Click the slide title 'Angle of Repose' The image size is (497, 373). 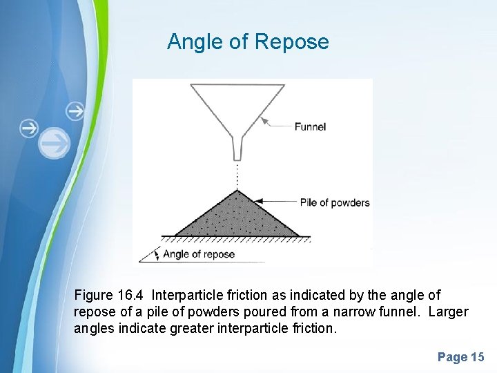point(248,42)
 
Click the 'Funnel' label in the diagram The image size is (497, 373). point(310,126)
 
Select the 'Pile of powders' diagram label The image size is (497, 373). point(335,203)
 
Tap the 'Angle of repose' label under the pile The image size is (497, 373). point(199,254)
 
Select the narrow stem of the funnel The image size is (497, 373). point(237,146)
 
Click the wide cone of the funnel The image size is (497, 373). point(237,104)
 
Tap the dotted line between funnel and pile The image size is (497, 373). point(237,175)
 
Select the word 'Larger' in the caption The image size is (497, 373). point(448,312)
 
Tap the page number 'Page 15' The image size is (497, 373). point(461,357)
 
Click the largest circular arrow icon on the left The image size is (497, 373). point(54,144)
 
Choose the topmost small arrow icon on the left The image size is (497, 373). point(75,111)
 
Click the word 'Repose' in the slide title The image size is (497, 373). point(292,42)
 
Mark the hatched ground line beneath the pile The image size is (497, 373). point(235,239)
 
